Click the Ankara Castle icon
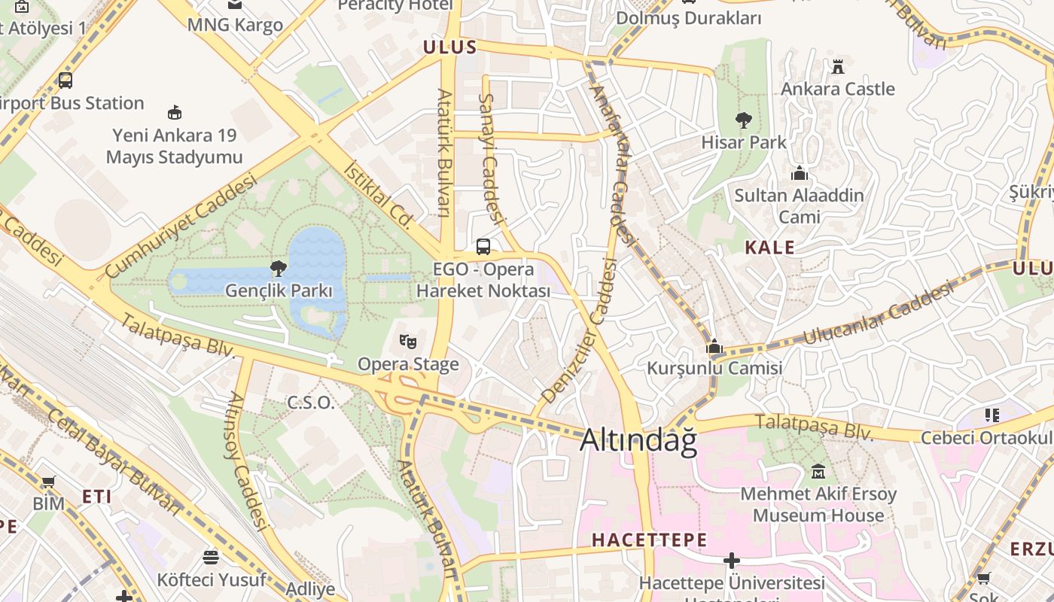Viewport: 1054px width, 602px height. [x=838, y=66]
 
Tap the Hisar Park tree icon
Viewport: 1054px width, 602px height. [x=744, y=120]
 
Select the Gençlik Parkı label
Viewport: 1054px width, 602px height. [x=279, y=290]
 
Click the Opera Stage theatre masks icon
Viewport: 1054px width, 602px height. [x=408, y=342]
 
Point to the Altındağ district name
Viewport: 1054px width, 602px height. [x=638, y=442]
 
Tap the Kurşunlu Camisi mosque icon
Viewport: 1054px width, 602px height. [x=714, y=347]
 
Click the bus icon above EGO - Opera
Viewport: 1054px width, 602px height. [x=483, y=247]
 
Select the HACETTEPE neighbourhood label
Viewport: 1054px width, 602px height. [x=649, y=540]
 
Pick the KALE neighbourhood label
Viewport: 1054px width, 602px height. [x=769, y=247]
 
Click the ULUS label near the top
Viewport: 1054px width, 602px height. [x=449, y=47]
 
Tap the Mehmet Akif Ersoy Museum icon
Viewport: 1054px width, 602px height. [x=818, y=473]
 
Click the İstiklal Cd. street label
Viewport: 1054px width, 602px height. [x=379, y=194]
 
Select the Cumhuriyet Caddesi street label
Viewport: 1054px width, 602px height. [x=181, y=226]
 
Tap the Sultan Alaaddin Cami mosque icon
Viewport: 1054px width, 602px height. [x=800, y=174]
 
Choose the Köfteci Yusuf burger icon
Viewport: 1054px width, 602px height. [x=211, y=558]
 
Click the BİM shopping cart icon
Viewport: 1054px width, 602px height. [x=48, y=482]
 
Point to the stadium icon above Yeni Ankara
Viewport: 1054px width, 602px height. [x=175, y=113]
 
